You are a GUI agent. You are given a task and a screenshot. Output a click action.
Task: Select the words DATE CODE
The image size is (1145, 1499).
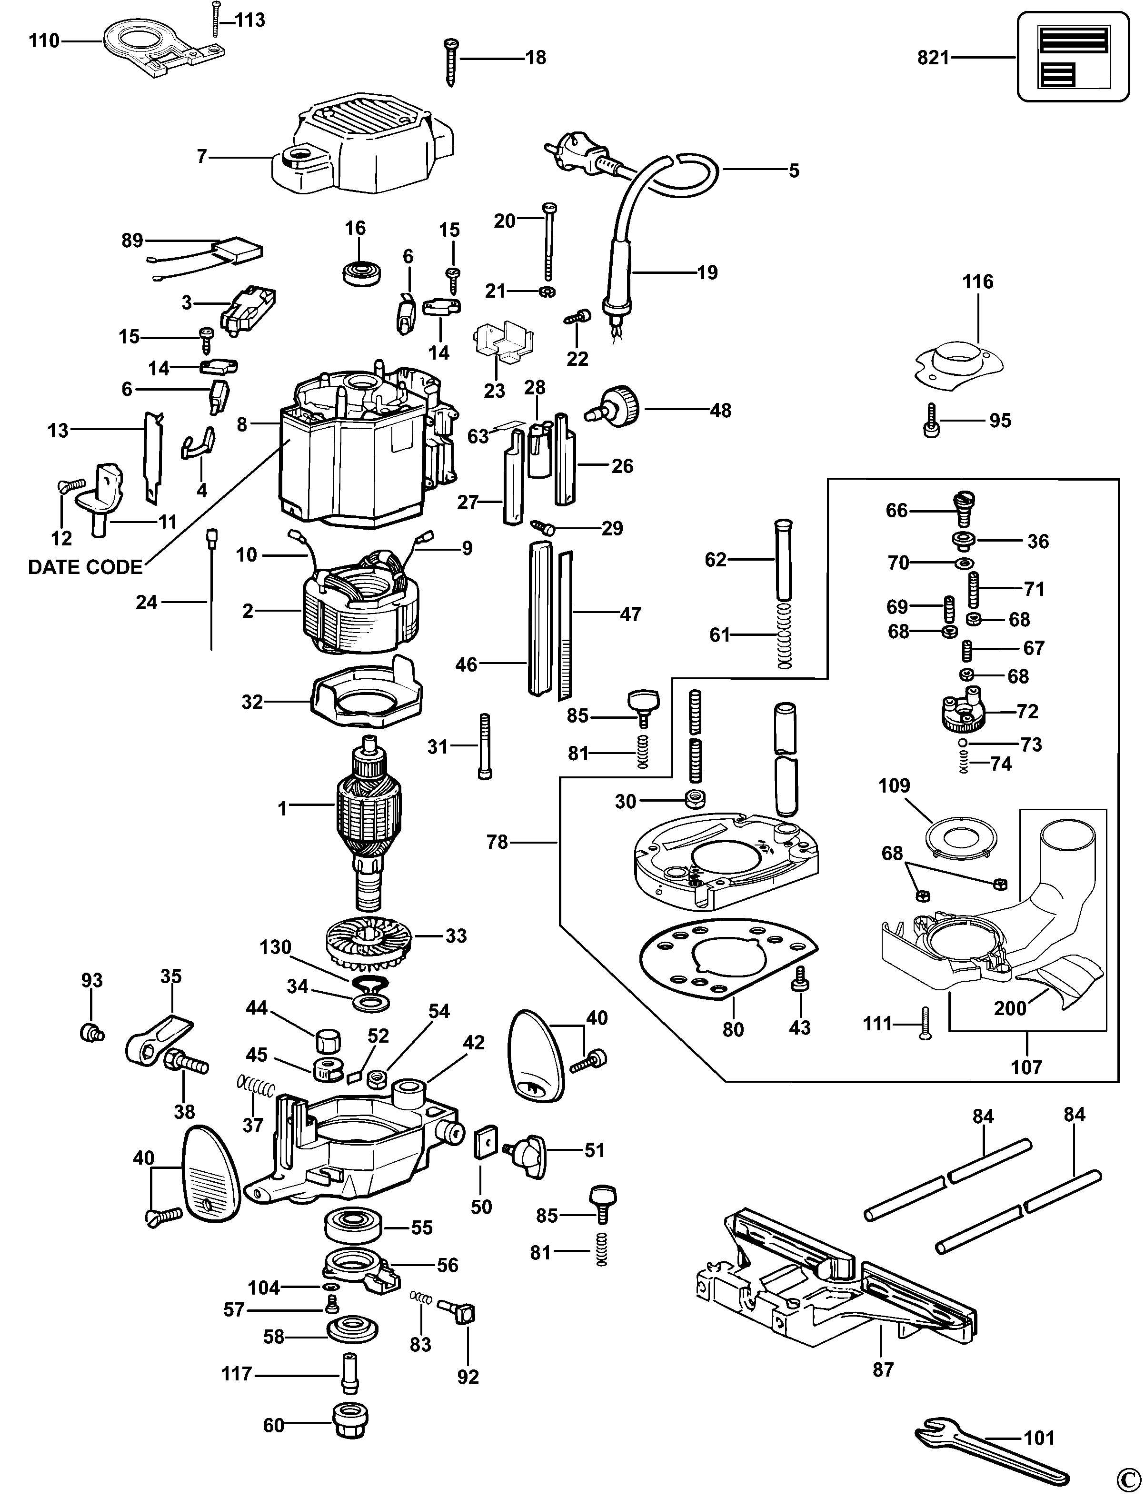(85, 567)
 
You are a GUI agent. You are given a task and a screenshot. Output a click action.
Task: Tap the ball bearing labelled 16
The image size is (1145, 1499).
(360, 272)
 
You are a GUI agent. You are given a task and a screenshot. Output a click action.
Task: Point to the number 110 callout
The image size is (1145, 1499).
(44, 41)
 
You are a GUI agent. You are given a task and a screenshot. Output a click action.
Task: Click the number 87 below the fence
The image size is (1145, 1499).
(883, 1369)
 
